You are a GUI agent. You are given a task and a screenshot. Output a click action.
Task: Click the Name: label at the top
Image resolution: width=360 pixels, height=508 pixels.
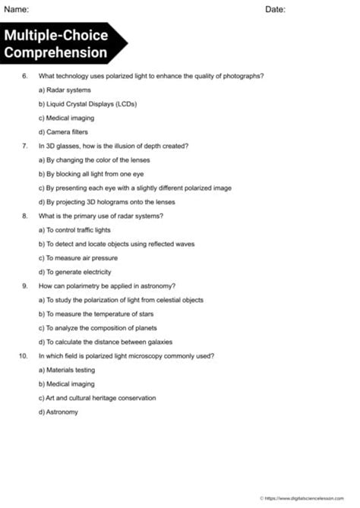[x=17, y=10]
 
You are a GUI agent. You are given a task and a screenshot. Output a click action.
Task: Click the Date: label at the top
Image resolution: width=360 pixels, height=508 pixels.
[x=276, y=10]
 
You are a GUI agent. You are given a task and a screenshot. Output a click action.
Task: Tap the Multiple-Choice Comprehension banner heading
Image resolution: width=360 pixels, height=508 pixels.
[x=56, y=44]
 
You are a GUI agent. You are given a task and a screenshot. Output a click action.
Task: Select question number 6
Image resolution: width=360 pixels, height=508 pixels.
[x=25, y=76]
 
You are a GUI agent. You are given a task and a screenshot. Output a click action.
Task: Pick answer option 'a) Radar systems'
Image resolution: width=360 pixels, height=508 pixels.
[x=65, y=90]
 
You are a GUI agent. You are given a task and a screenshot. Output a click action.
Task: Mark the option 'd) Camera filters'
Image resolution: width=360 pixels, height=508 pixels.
[x=63, y=131]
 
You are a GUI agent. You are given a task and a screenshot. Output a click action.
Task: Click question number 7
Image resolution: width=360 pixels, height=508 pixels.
[x=25, y=146]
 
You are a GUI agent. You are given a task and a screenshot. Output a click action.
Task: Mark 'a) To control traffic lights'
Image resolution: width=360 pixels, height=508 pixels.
[x=78, y=229]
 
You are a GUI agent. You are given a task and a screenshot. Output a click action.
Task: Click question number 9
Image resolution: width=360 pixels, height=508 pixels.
[x=25, y=286]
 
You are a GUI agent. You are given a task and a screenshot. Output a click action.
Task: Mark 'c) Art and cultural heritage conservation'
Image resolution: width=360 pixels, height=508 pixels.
[x=97, y=397]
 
